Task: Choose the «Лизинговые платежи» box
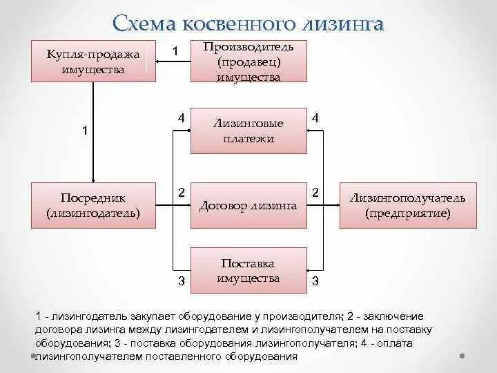coord(248,131)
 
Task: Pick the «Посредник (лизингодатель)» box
coord(93,206)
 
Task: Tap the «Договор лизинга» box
coord(248,206)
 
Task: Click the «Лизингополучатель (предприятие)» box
coord(407,206)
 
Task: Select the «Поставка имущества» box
coord(248,271)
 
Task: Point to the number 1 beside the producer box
coord(175,51)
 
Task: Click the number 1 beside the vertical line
coord(85,131)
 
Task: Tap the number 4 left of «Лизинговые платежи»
coord(180,118)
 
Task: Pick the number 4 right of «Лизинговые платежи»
coord(315,118)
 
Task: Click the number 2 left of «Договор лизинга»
coord(181,192)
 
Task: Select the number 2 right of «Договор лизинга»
coord(315,192)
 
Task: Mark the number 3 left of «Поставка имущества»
coord(181,280)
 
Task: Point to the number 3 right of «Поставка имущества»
coord(315,280)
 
